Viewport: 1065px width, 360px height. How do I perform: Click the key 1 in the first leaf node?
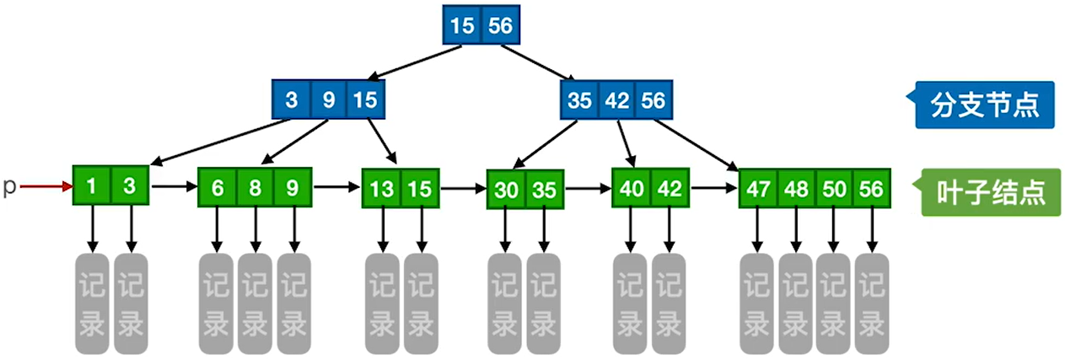tap(92, 185)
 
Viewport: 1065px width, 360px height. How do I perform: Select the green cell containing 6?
tap(218, 187)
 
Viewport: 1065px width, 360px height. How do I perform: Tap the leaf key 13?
tap(381, 188)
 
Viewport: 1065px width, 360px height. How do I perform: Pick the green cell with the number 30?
tap(506, 189)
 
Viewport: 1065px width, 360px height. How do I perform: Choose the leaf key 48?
tap(796, 188)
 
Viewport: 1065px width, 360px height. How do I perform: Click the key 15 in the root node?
tap(462, 24)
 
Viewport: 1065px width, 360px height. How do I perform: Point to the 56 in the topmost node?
tap(501, 24)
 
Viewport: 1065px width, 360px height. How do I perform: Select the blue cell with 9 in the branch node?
tap(329, 99)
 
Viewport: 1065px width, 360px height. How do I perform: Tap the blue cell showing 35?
tap(579, 99)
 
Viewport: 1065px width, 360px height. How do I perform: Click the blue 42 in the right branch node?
tap(616, 99)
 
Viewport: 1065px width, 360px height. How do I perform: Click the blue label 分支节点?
tap(984, 105)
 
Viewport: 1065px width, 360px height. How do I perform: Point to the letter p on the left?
tap(9, 187)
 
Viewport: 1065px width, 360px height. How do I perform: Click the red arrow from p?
tap(46, 186)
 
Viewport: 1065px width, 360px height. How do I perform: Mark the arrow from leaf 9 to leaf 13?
tap(336, 187)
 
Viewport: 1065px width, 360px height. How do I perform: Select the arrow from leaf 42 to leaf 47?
tap(714, 188)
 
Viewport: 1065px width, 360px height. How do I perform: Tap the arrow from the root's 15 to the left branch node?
tap(415, 62)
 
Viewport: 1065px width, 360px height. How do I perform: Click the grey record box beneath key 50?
tap(833, 304)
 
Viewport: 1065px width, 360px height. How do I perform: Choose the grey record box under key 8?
tap(255, 304)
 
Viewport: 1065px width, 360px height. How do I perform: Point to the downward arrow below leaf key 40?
tap(631, 230)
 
